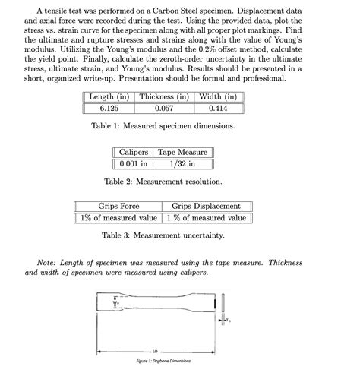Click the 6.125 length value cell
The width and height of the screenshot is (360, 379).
109,109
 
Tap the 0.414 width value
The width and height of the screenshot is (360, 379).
218,109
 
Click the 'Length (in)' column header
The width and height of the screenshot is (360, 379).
109,97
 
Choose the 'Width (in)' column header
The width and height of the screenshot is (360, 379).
218,97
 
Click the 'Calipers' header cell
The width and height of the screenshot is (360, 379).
134,152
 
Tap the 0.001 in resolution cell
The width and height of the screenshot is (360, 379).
134,163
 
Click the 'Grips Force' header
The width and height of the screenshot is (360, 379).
119,207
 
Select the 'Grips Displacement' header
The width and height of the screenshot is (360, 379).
206,207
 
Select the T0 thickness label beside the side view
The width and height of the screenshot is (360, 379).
229,321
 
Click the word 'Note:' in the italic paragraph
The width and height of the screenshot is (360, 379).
48,263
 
